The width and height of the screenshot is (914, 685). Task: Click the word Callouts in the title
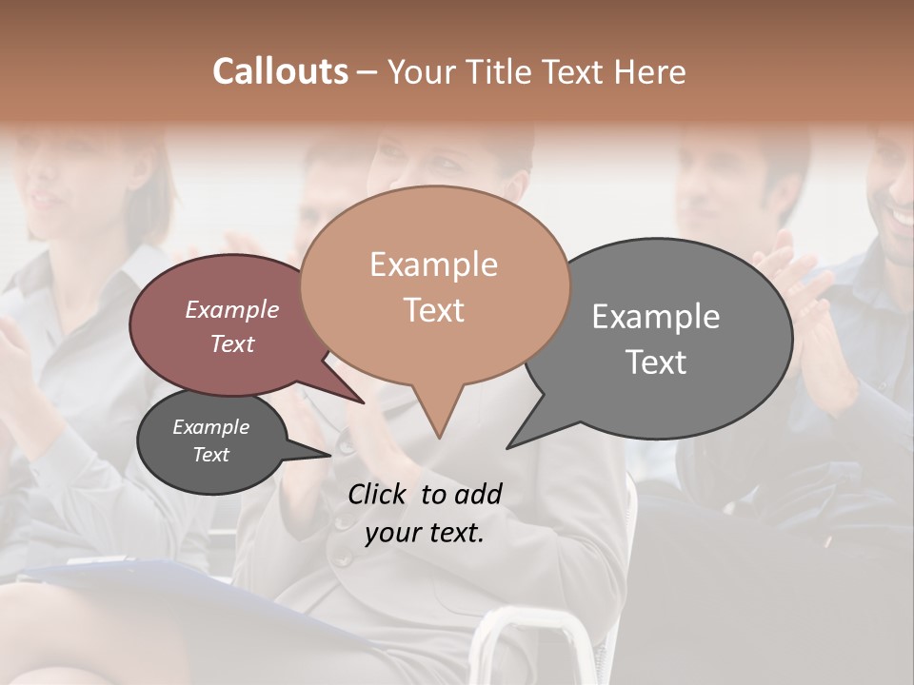coord(280,71)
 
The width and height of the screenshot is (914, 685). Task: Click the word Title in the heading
coord(504,72)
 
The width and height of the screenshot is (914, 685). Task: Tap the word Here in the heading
coord(651,72)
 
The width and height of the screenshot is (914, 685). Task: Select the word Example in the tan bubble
coord(433,264)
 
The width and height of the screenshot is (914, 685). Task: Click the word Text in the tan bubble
coord(433,310)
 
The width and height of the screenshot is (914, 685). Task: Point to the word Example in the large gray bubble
coord(656,317)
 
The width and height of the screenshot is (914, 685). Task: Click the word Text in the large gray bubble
coord(656,362)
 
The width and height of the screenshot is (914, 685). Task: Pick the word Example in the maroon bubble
coord(231,310)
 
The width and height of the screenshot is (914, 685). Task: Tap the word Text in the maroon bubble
coord(231,343)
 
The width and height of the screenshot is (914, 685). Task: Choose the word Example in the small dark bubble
coord(210,427)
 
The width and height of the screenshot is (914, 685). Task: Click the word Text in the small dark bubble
coord(210,455)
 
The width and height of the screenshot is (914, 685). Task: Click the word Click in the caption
coord(380,494)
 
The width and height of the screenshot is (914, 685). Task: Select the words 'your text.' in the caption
coord(424,533)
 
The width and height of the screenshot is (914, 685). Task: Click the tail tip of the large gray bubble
coord(507,447)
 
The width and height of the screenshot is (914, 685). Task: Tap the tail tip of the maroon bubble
coord(363,402)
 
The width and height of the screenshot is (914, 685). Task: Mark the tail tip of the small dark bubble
coord(330,456)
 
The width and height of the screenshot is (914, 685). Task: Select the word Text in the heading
coord(578,72)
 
